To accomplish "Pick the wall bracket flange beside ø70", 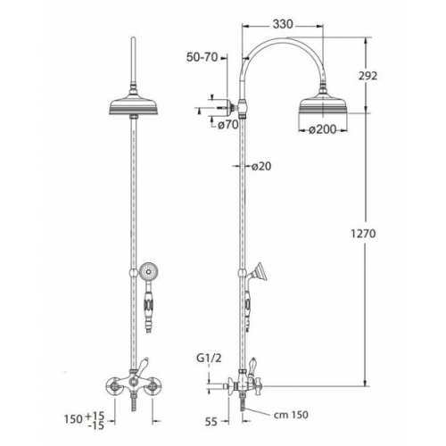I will [x=233, y=111].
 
